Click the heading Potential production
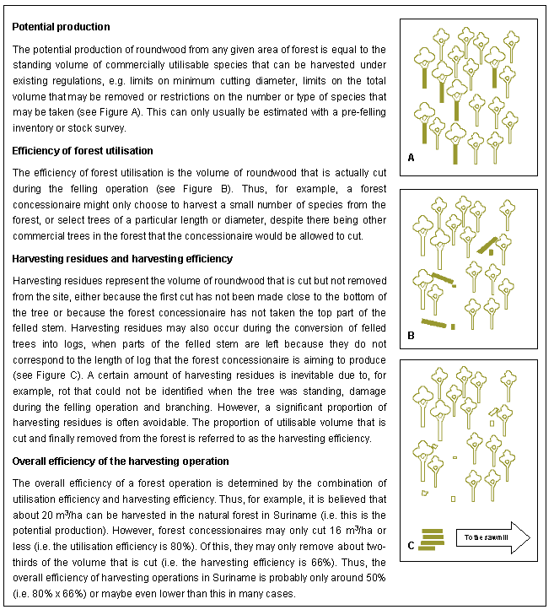tap(61, 27)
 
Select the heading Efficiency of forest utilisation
tap(83, 151)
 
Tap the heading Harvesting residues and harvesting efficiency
tap(122, 258)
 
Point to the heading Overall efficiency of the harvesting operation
tap(121, 461)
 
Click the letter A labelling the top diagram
tap(411, 158)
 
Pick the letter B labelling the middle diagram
tap(411, 336)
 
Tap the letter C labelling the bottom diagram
tap(411, 545)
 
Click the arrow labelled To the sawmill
tap(492, 537)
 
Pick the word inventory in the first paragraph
tap(34, 128)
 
